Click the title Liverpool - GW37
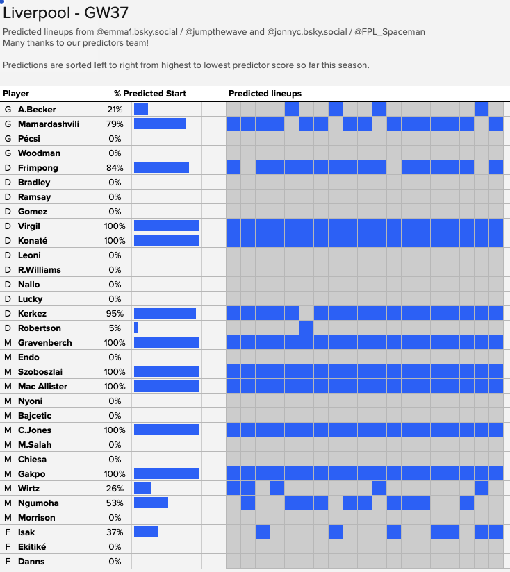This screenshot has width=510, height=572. [66, 13]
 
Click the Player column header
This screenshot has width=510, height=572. [16, 94]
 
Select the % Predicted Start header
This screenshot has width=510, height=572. [150, 94]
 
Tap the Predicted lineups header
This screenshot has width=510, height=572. [265, 94]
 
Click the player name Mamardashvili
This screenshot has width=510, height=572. [49, 124]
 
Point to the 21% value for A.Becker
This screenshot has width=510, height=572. [115, 110]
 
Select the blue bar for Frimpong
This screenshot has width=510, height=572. [161, 167]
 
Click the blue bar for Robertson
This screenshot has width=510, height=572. [135, 328]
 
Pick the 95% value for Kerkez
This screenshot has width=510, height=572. [115, 313]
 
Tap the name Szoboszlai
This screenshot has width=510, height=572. [40, 371]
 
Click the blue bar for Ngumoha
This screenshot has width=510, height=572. [151, 503]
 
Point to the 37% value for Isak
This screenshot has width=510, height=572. [115, 532]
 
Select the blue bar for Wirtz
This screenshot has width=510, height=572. [142, 488]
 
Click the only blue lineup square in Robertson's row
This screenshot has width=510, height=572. [306, 328]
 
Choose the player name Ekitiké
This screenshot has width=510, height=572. [32, 547]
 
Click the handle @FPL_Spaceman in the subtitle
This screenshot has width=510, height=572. [390, 32]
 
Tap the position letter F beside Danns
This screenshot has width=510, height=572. [8, 562]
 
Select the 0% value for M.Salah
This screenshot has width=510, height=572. [115, 445]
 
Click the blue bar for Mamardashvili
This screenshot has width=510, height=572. [160, 124]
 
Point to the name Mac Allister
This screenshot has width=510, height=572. [42, 387]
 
